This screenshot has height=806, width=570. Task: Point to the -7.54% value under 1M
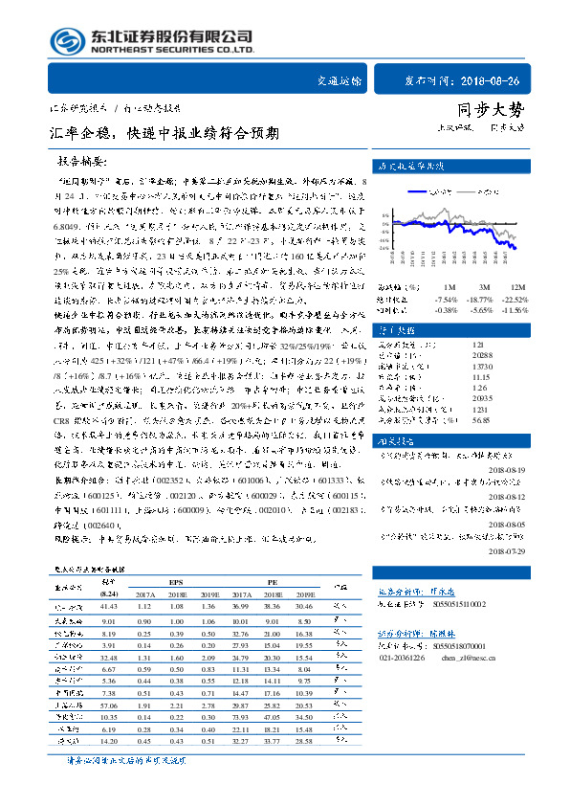[x=446, y=298]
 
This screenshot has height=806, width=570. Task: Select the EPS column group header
[x=176, y=581]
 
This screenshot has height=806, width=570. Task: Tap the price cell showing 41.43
[x=107, y=607]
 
